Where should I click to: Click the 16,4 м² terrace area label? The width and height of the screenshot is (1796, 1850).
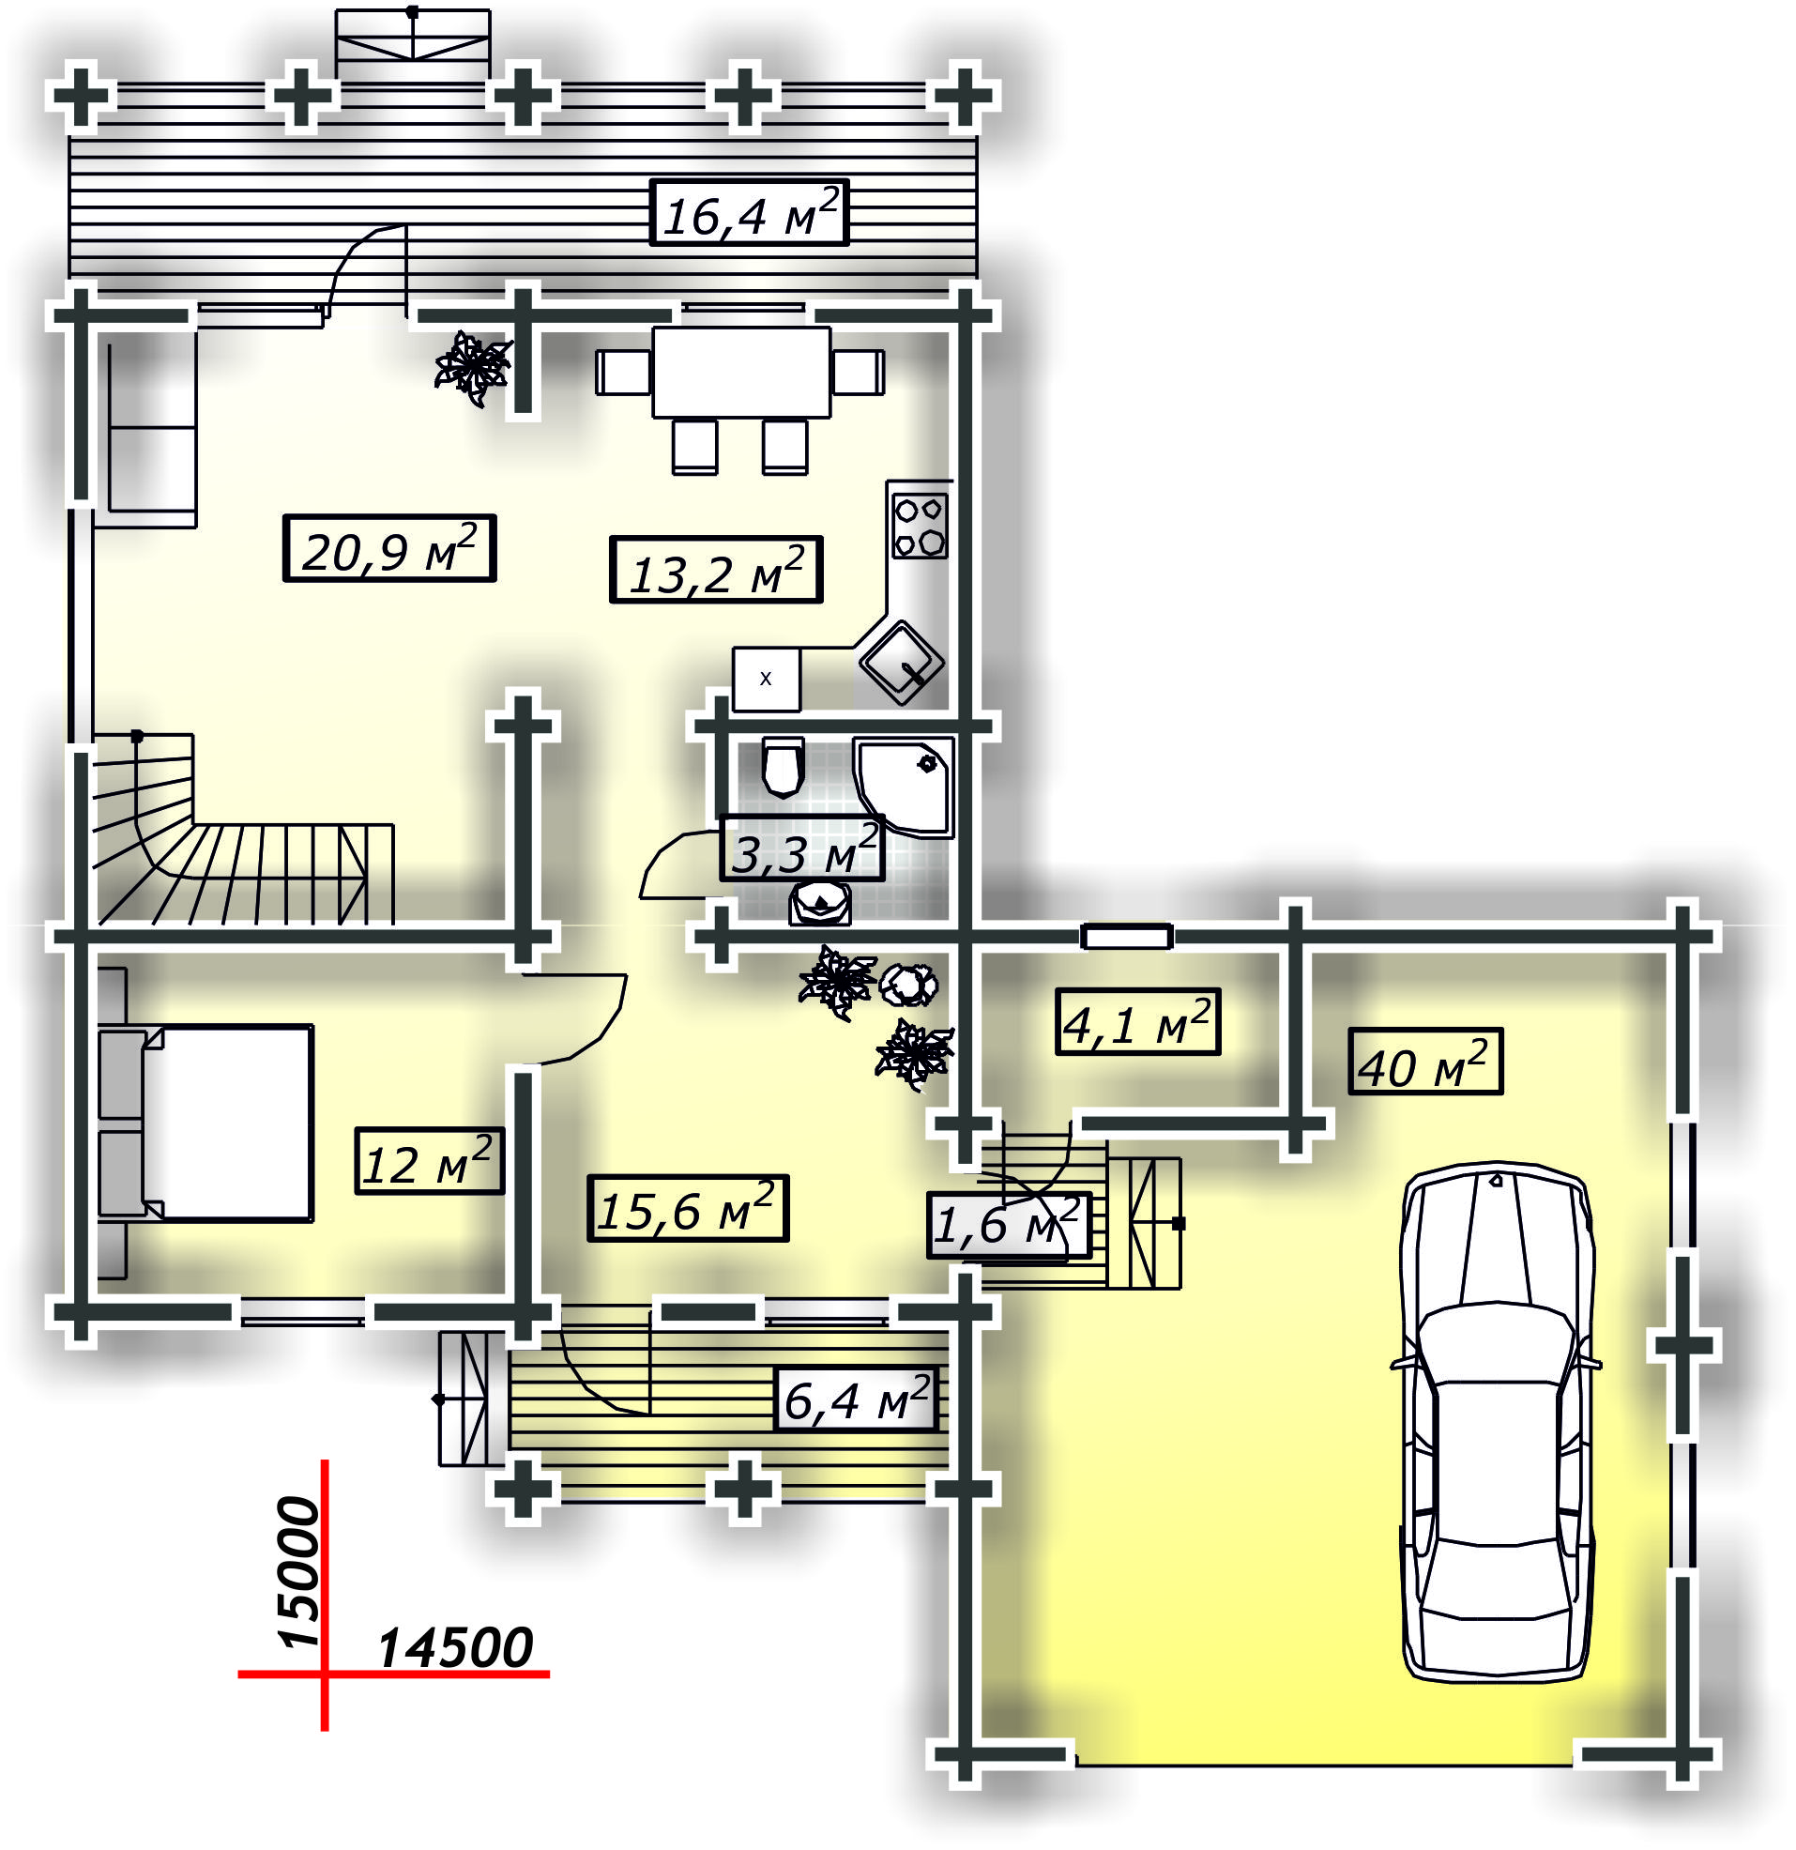tap(750, 212)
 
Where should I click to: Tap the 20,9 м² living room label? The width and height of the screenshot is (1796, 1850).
tap(388, 548)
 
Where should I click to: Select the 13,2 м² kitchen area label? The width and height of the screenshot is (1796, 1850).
tap(716, 569)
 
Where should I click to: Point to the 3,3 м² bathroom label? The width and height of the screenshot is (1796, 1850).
tap(802, 849)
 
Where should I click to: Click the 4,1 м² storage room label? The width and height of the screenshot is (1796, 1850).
tap(1137, 1022)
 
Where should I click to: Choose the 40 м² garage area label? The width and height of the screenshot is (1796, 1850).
tap(1425, 1062)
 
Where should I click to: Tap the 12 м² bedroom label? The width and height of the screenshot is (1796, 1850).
tap(430, 1161)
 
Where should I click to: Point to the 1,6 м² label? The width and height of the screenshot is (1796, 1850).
tap(1008, 1225)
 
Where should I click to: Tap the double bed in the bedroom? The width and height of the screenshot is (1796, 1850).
tap(205, 1124)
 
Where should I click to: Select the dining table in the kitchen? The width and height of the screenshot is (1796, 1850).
tap(741, 373)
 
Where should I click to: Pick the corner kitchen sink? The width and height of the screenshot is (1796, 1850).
tap(902, 662)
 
